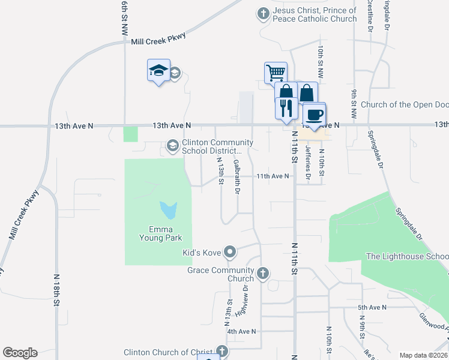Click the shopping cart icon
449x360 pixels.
276,73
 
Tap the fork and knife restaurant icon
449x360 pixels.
285,108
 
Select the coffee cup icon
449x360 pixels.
314,113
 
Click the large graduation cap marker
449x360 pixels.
158,71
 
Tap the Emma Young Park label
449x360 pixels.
157,233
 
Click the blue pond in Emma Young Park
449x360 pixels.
169,210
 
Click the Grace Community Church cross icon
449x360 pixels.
262,274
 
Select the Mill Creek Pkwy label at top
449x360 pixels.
158,38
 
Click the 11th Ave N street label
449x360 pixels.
273,176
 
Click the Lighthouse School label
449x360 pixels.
406,256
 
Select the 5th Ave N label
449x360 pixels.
373,307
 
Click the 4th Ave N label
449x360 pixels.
241,331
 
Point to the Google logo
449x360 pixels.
20,353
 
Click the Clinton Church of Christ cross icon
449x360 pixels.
222,352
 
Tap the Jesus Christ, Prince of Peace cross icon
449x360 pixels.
262,13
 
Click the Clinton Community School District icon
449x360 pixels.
172,146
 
